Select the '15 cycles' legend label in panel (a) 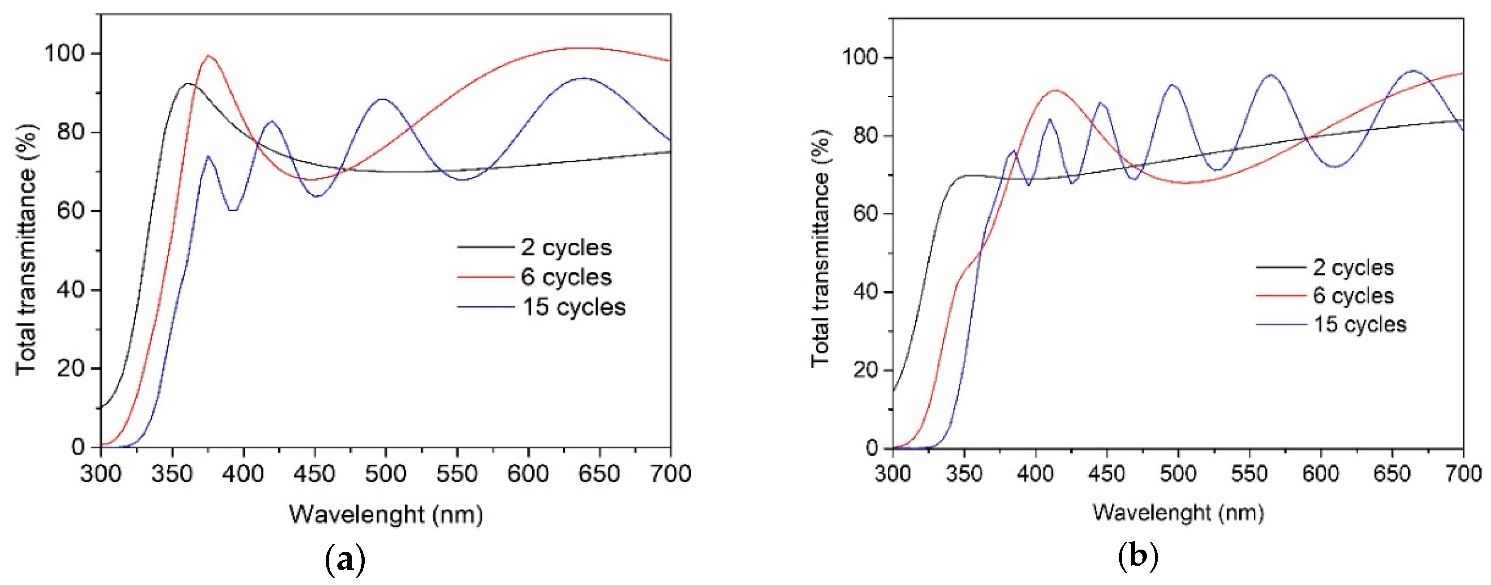coord(573,307)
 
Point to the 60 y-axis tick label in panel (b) coord(866,214)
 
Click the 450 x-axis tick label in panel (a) coord(315,474)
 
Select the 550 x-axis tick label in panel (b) coord(1249,474)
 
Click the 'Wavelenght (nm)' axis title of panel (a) coord(386,514)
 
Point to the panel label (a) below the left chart coord(345,559)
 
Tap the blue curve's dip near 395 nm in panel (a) coord(233,210)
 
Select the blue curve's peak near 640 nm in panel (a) coord(583,78)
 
